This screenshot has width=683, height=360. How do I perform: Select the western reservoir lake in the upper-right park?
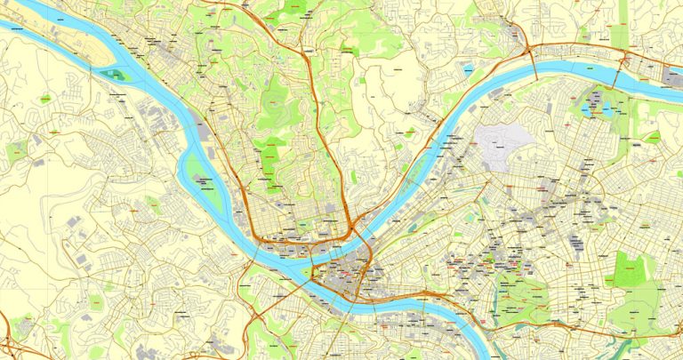click(587, 106)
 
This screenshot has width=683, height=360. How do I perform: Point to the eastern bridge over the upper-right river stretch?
click(625, 64)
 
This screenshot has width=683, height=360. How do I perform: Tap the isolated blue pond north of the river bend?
click(468, 67)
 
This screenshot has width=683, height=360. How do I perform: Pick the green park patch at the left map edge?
click(16, 151)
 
